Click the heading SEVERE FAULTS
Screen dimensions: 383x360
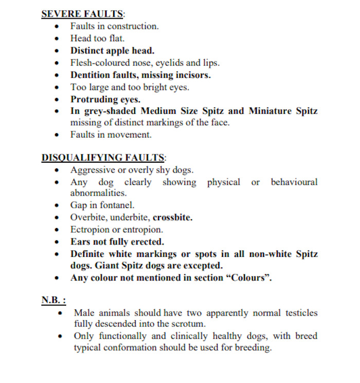pyautogui.click(x=82, y=14)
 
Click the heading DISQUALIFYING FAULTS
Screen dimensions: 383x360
pyautogui.click(x=103, y=158)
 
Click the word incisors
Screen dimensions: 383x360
pyautogui.click(x=192, y=75)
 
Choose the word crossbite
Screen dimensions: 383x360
pyautogui.click(x=173, y=217)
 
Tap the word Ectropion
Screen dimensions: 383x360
pyautogui.click(x=89, y=229)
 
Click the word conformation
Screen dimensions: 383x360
pyautogui.click(x=125, y=347)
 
